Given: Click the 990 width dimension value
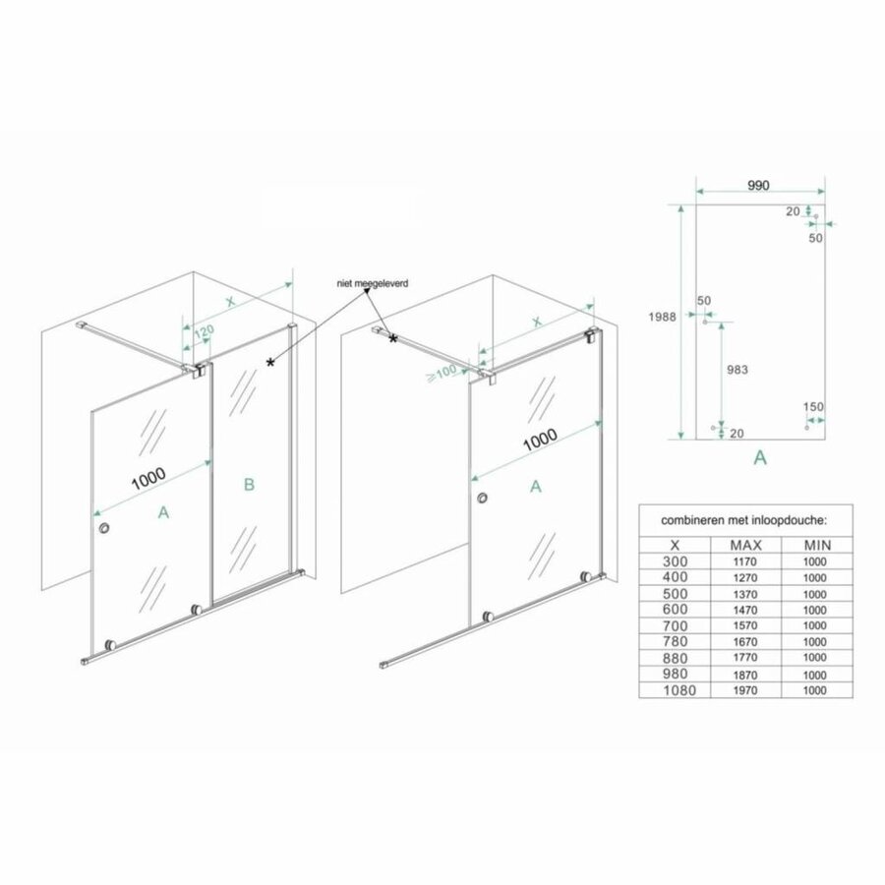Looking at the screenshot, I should [x=756, y=184].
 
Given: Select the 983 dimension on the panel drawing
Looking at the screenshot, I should [x=737, y=370].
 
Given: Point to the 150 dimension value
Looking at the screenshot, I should [x=812, y=407].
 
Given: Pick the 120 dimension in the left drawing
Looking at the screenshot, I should [x=204, y=332].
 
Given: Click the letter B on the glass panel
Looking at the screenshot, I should [x=250, y=483].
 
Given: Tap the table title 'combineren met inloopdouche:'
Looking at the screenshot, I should [x=742, y=518].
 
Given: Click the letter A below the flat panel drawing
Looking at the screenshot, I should [x=759, y=457].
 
